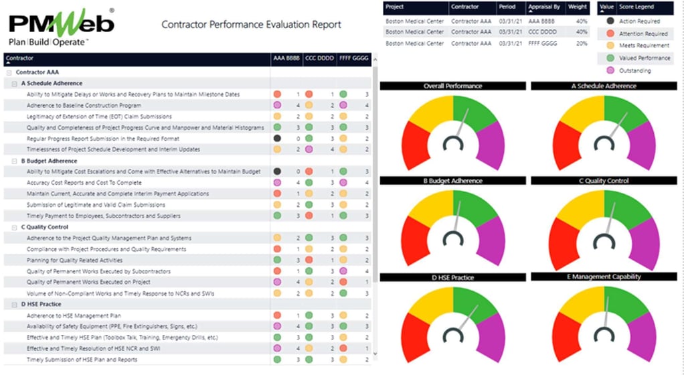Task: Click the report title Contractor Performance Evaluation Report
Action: pos(251,25)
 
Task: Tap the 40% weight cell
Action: pos(578,21)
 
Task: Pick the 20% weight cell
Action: pos(578,43)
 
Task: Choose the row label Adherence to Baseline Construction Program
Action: pos(84,105)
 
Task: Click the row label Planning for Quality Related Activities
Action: pos(75,260)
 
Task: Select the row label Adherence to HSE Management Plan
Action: pos(74,315)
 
